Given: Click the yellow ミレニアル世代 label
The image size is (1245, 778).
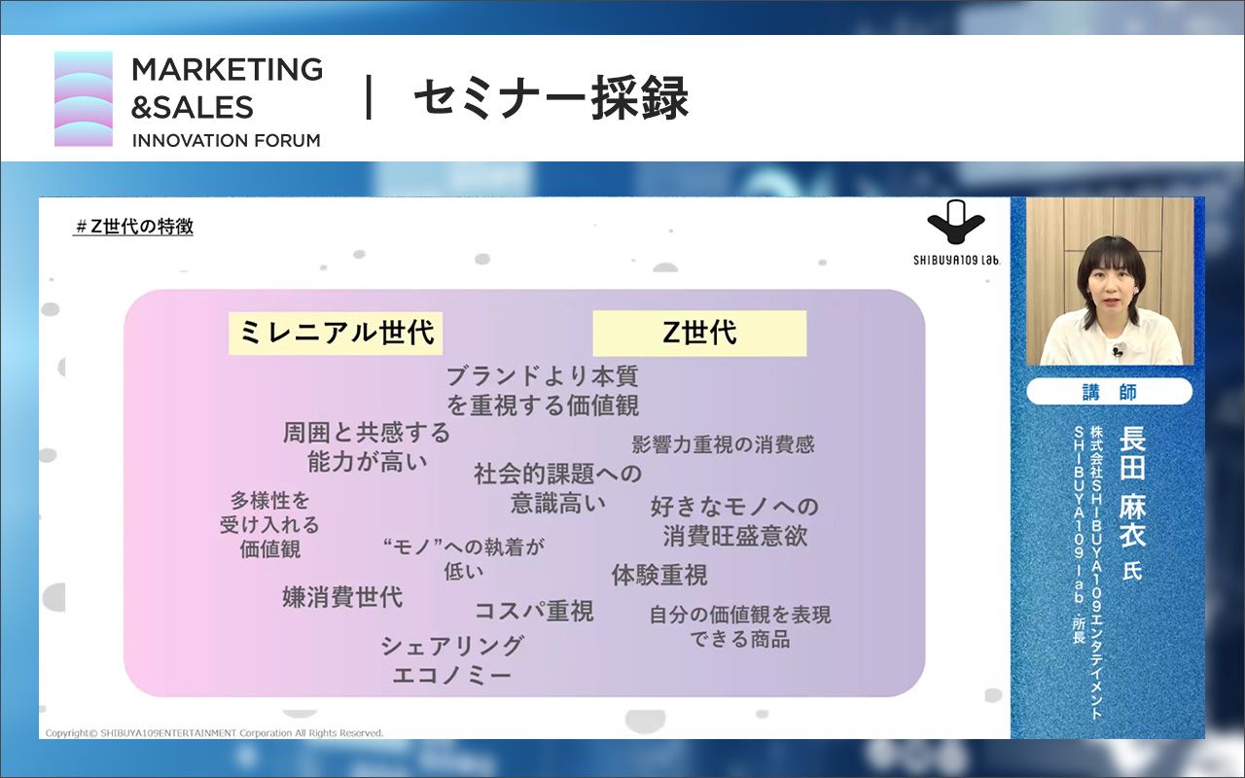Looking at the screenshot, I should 336,334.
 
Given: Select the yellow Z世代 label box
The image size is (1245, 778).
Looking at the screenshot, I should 699,334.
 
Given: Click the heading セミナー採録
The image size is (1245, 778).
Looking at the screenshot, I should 551,99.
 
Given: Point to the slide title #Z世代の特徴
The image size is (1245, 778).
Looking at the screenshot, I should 134,228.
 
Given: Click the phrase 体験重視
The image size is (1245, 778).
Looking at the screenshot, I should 659,575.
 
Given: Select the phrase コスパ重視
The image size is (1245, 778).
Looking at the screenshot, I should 533,611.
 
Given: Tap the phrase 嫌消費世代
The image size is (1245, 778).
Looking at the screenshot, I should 342,596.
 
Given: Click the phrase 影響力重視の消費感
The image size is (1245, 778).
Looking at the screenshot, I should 723,445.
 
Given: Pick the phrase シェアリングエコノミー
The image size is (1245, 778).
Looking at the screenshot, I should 452,660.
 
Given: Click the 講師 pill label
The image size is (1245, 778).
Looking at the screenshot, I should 1109,392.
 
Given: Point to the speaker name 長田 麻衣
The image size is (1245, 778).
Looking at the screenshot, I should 1132,486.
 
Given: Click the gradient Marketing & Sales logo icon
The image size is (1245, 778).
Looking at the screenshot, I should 84,99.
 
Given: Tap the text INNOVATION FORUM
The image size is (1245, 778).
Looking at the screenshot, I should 226,140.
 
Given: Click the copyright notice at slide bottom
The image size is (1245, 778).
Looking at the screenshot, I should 215,732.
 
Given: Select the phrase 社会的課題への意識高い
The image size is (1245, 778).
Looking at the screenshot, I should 558,488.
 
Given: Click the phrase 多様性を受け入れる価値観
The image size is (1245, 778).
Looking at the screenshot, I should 270,524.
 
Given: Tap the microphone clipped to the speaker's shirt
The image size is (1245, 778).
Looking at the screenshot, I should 1119,350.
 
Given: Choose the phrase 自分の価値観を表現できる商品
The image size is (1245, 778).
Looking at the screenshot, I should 740,627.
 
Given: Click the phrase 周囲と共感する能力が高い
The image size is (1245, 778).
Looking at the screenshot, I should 367,446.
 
